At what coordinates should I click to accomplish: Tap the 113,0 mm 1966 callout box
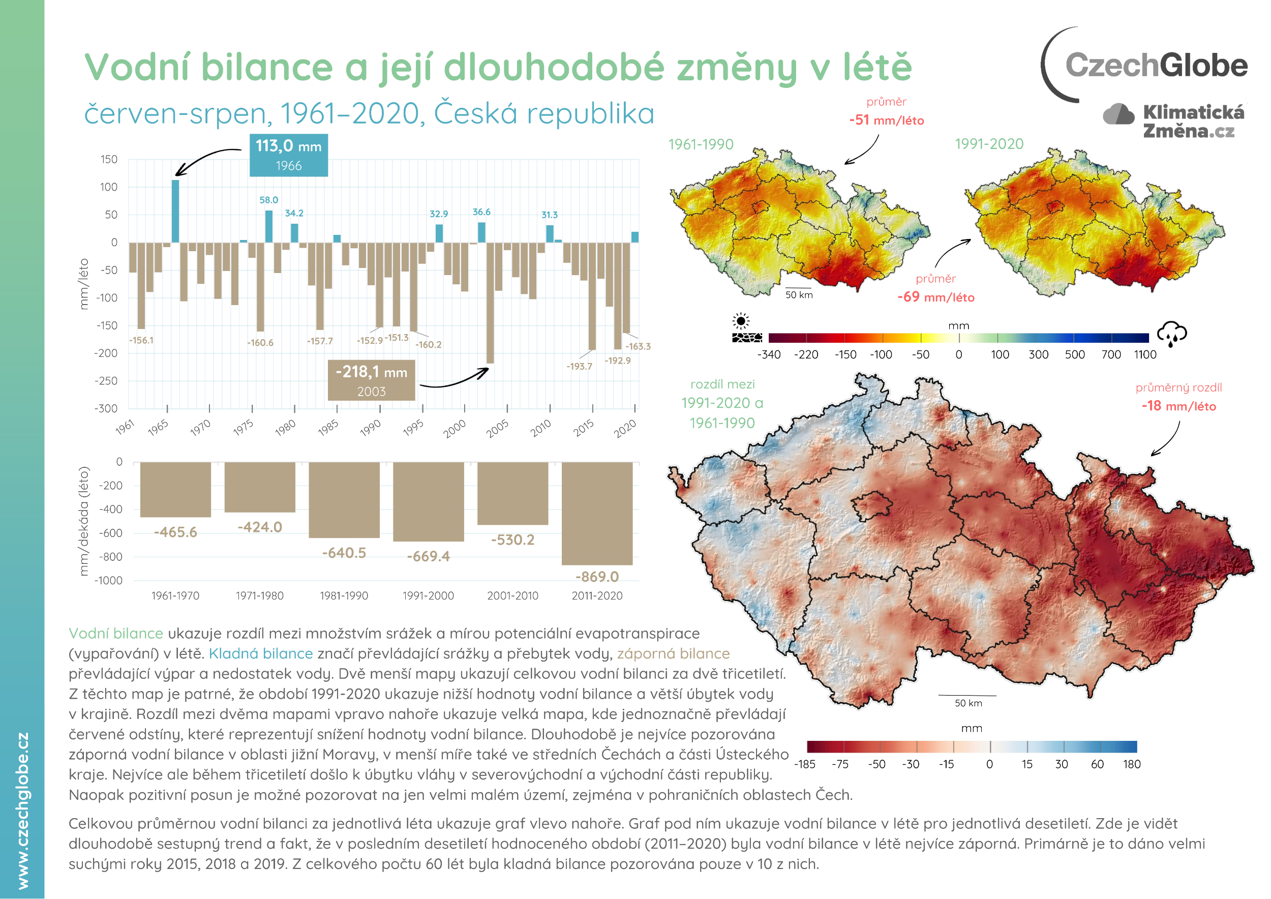click(x=288, y=155)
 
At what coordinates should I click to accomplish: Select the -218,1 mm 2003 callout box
click(x=371, y=380)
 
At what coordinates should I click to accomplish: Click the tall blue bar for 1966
click(x=175, y=211)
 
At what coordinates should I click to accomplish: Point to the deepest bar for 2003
click(x=490, y=303)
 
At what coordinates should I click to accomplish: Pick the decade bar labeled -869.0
click(x=597, y=513)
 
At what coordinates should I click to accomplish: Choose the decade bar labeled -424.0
click(x=260, y=487)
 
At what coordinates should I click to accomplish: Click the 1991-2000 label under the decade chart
click(x=428, y=595)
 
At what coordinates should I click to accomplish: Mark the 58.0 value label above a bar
click(x=268, y=200)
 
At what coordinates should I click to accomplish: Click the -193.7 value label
click(x=579, y=367)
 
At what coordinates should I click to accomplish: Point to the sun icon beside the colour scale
click(x=741, y=321)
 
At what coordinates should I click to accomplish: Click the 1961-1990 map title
click(x=701, y=144)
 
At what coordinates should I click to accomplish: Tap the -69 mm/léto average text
click(x=935, y=297)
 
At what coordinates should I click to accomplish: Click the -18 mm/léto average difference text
click(x=1178, y=406)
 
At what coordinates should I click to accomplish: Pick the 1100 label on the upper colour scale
click(x=1145, y=355)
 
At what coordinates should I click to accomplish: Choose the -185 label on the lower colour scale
click(x=804, y=764)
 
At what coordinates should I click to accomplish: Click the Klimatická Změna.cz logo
click(x=1175, y=121)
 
